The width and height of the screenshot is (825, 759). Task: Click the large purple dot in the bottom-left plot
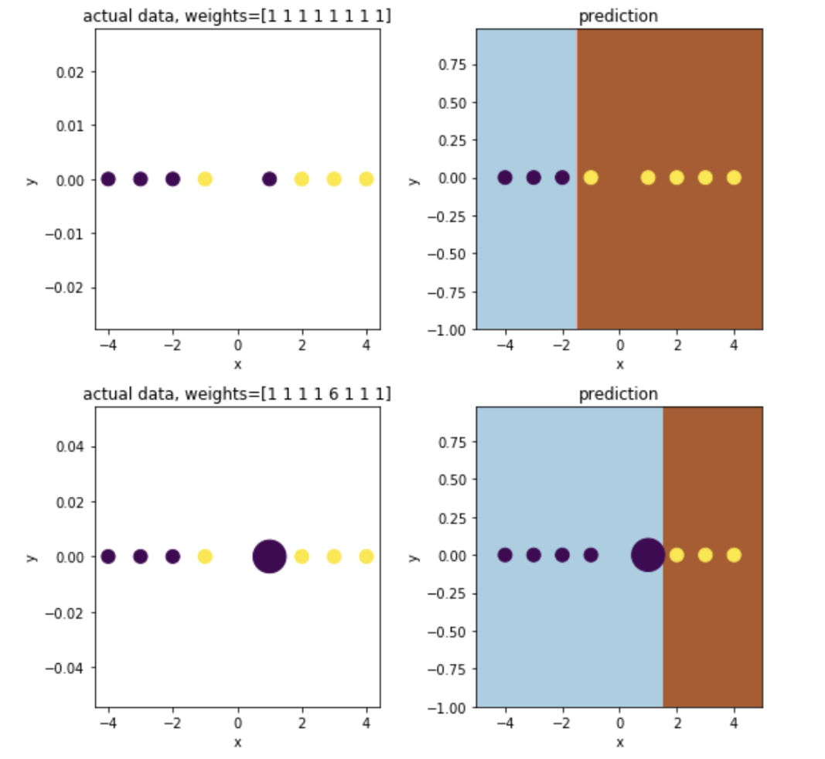(x=269, y=556)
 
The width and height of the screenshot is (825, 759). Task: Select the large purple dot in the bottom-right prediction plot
(x=648, y=555)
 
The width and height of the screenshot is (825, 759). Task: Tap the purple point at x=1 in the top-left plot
(x=269, y=179)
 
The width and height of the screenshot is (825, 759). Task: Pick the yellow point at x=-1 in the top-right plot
(x=591, y=178)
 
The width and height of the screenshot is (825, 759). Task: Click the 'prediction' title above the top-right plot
(x=619, y=16)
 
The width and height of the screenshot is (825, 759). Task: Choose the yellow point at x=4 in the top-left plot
(x=366, y=179)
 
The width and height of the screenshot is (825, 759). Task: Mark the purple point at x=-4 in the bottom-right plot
(x=505, y=555)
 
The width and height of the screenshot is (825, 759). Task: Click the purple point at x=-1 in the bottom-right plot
(x=591, y=555)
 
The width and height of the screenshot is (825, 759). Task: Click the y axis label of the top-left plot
(x=32, y=179)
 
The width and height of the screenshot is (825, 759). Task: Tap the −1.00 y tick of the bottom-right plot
(x=449, y=707)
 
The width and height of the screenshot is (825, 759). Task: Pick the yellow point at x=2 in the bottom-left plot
(x=302, y=556)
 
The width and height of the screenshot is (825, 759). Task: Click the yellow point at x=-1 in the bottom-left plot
(x=205, y=556)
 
